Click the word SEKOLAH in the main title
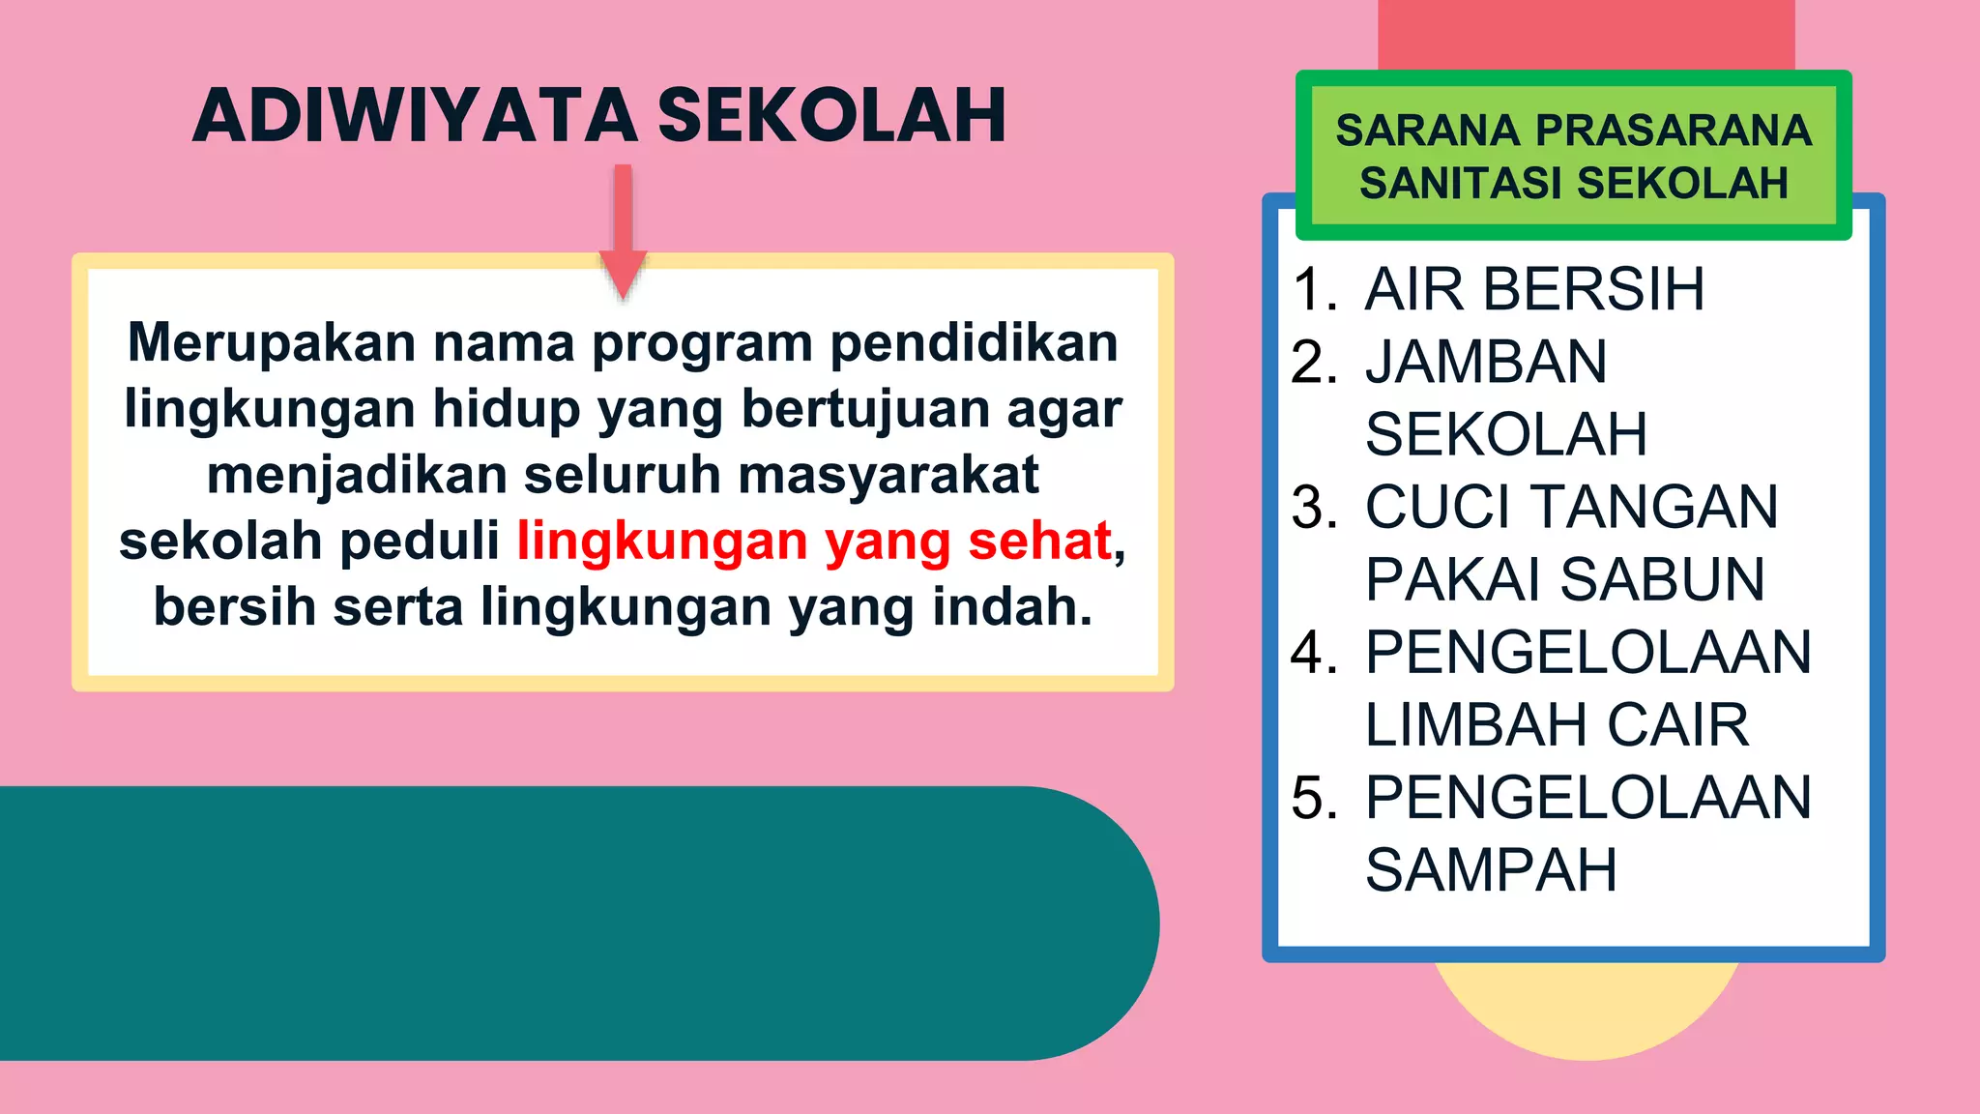point(831,116)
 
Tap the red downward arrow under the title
point(624,232)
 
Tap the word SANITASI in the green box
point(1462,183)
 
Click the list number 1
point(1313,289)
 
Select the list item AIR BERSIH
point(1534,289)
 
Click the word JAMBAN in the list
point(1486,362)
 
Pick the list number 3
point(1313,507)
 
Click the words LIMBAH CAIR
point(1557,724)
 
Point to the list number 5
point(1313,798)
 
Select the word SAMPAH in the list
point(1491,870)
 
